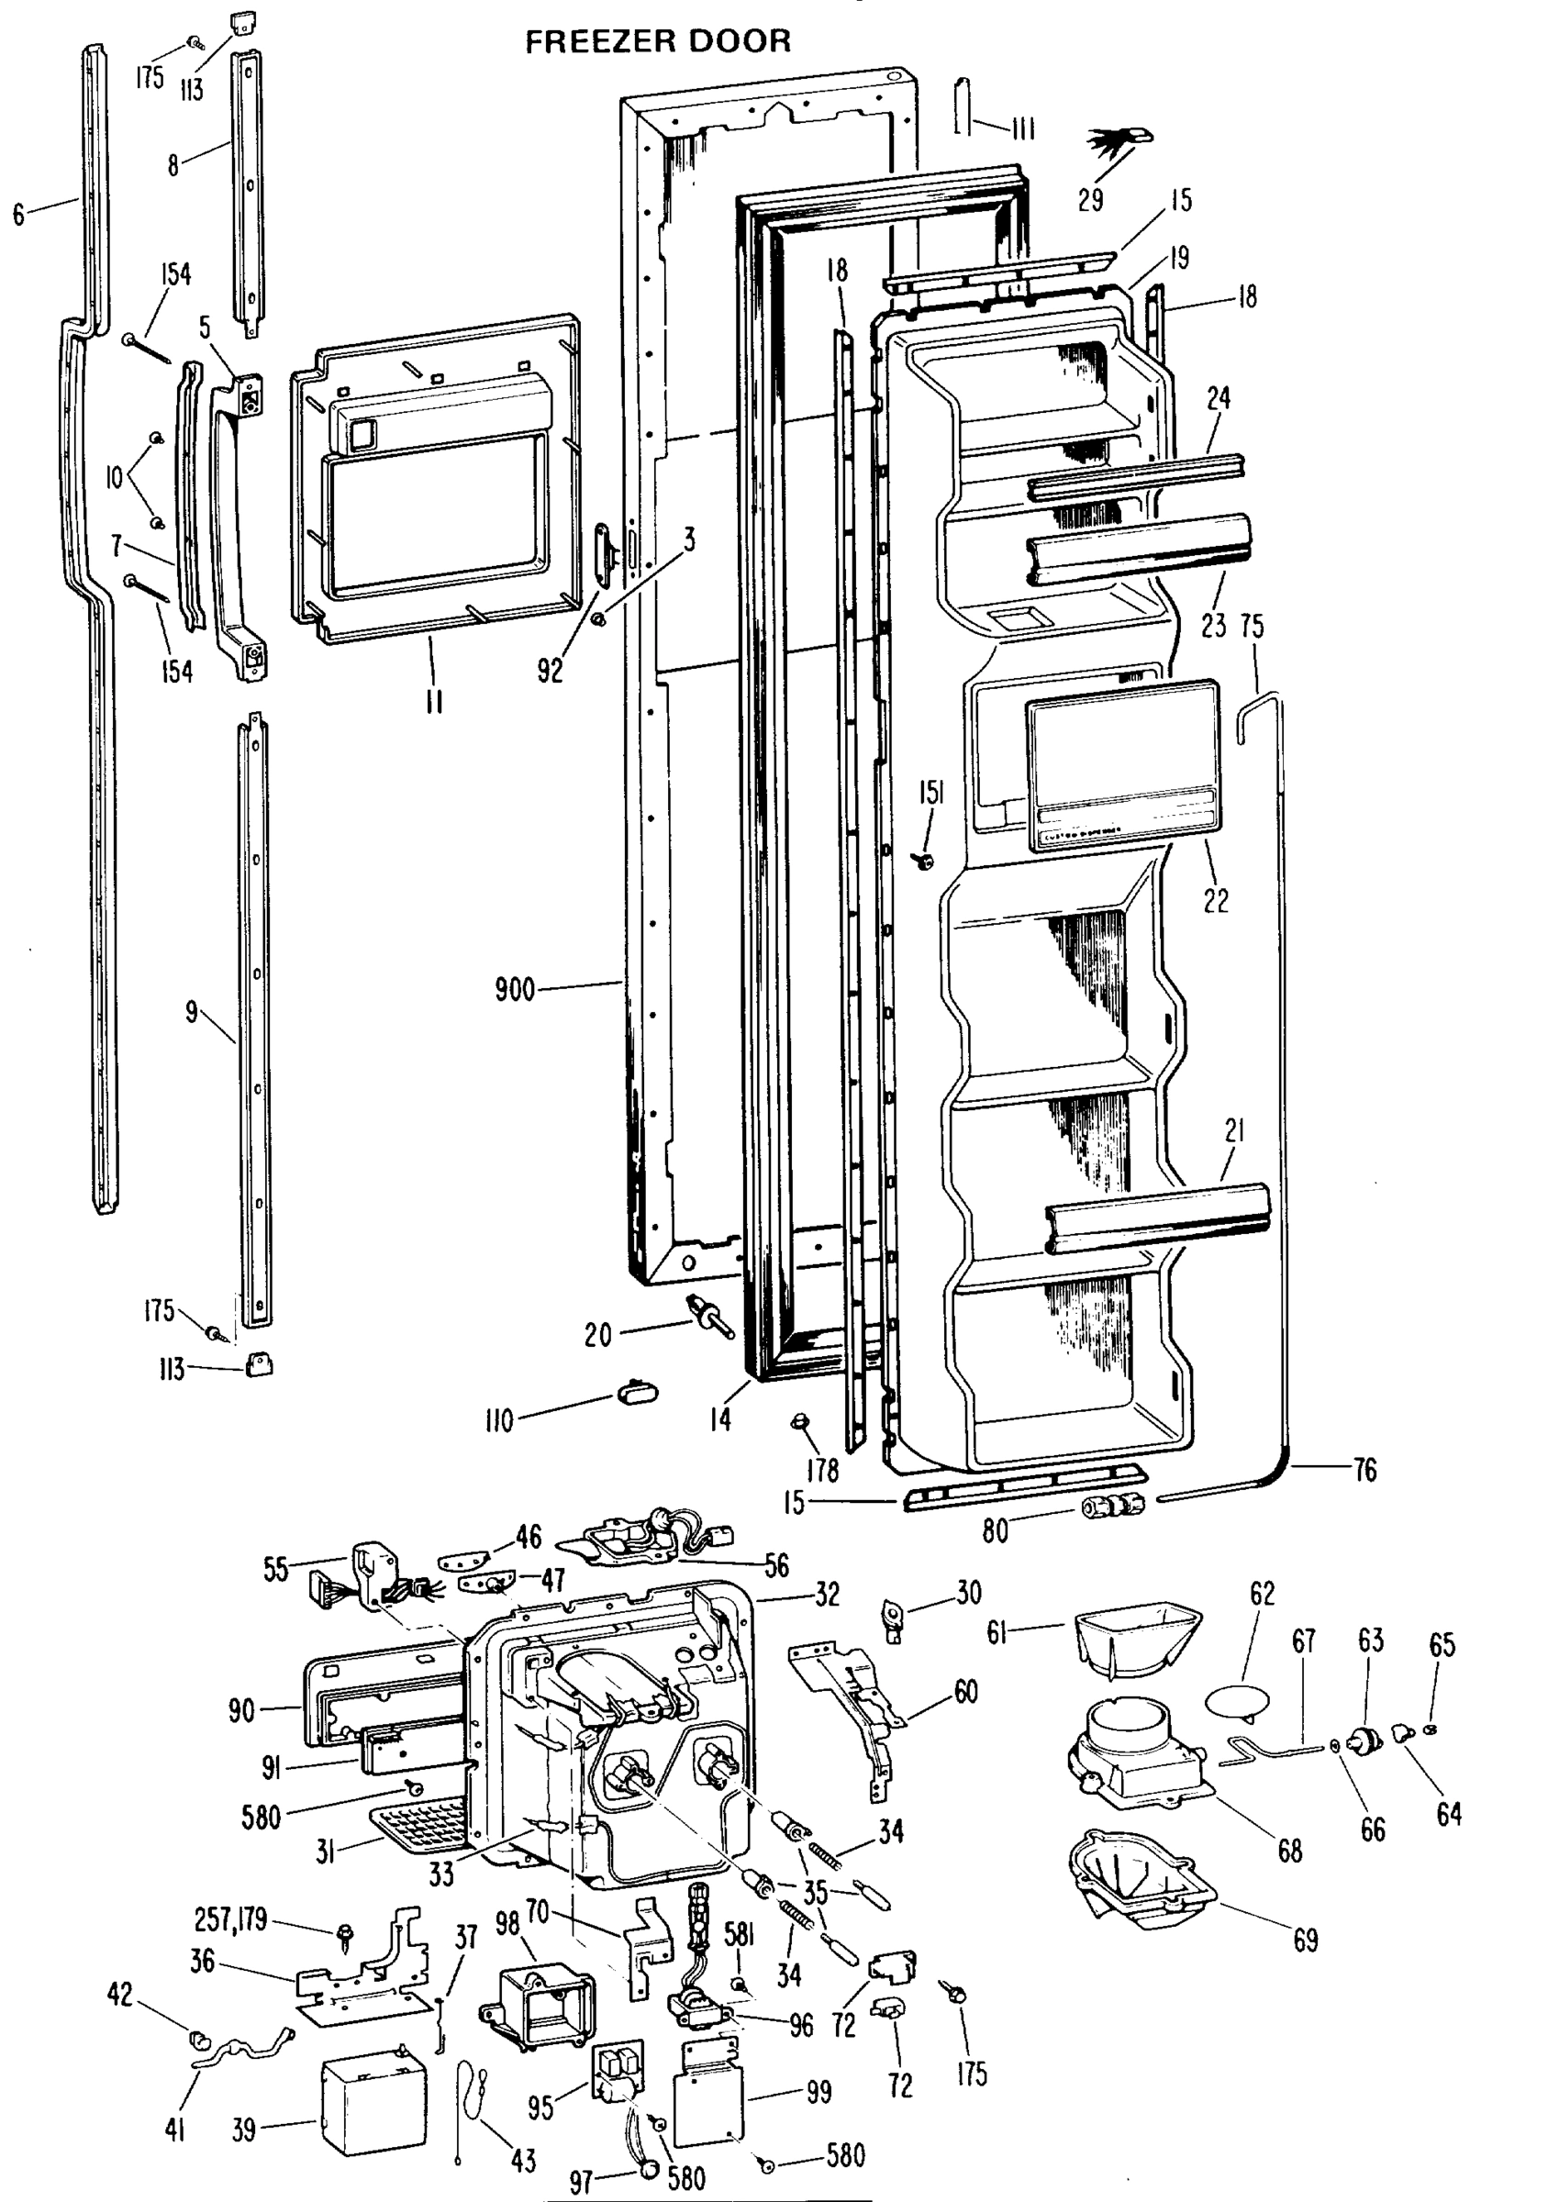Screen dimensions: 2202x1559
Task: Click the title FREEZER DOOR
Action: (658, 41)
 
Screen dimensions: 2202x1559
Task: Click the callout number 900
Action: (515, 990)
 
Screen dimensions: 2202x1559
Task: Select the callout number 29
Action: (1089, 200)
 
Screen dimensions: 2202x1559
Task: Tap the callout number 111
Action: (1022, 128)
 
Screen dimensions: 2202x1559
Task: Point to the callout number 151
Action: (931, 792)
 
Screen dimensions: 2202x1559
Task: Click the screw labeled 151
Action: (927, 860)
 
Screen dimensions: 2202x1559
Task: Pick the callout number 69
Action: (1306, 1940)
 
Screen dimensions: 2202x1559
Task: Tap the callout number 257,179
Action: (230, 1919)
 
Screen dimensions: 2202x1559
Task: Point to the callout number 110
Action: (499, 1419)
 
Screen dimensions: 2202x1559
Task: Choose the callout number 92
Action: (550, 671)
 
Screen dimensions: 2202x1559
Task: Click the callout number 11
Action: (434, 702)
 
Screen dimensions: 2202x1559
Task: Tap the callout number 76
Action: (1364, 1470)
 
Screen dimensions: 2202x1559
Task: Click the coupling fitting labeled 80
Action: (1111, 1506)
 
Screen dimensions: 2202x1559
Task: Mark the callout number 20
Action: (597, 1335)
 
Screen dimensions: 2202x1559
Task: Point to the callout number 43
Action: (523, 2161)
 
